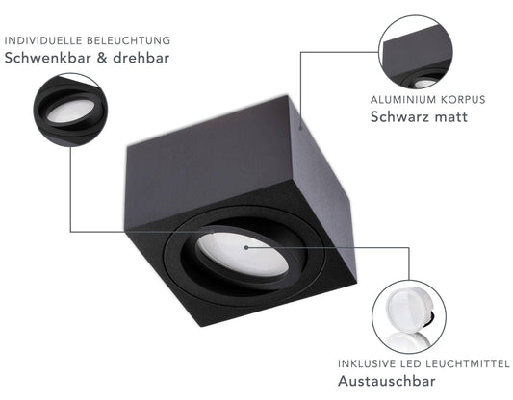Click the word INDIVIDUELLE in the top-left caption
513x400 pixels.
[x=43, y=40]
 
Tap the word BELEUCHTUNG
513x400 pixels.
[x=129, y=40]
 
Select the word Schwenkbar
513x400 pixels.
[x=48, y=58]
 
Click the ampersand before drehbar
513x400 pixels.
[x=102, y=58]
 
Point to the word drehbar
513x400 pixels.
[x=141, y=58]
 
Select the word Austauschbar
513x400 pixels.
[x=387, y=381]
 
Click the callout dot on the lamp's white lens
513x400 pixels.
[x=246, y=247]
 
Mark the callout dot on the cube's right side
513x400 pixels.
[x=300, y=128]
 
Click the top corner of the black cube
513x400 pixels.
[x=287, y=96]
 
